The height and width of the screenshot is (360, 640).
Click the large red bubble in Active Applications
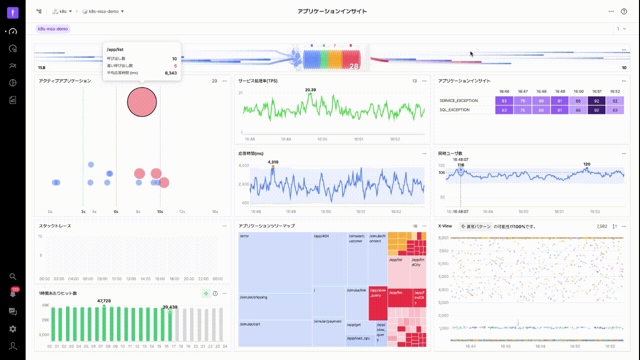point(142,102)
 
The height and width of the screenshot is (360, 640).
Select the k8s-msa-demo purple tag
point(53,29)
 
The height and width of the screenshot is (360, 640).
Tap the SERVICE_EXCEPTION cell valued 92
point(596,101)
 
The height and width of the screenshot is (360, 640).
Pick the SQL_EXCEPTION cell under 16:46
point(504,110)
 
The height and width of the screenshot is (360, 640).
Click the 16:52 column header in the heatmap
point(615,91)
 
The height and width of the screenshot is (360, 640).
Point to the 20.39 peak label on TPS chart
point(310,90)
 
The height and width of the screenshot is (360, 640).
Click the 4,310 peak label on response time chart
point(273,162)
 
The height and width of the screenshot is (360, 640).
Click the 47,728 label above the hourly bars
point(104,301)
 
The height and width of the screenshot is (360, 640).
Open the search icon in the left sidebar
point(13,276)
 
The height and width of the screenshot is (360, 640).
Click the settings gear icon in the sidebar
point(13,329)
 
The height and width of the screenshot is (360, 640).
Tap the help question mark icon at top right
point(624,11)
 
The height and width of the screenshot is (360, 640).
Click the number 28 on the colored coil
point(354,66)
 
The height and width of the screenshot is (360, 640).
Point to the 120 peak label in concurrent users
point(586,164)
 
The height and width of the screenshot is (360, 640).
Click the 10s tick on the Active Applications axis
point(160,211)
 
